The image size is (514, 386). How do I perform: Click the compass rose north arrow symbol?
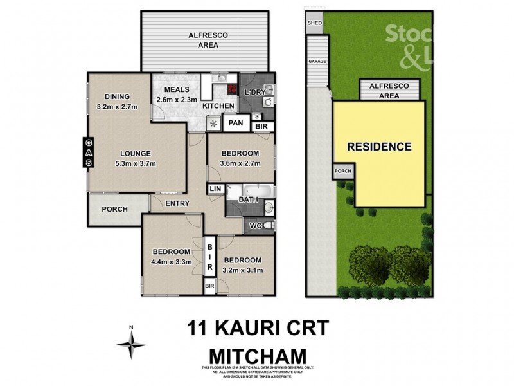(x=131, y=343)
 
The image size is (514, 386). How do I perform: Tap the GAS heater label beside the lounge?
(x=89, y=153)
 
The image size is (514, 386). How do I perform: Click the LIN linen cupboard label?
(x=215, y=188)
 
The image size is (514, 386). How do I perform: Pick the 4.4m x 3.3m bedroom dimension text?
(x=171, y=262)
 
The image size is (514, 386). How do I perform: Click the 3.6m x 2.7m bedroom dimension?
(x=240, y=163)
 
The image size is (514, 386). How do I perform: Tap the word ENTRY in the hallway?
(x=177, y=204)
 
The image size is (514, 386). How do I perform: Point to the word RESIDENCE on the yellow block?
(x=379, y=147)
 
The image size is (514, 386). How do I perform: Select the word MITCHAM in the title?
(x=257, y=354)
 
